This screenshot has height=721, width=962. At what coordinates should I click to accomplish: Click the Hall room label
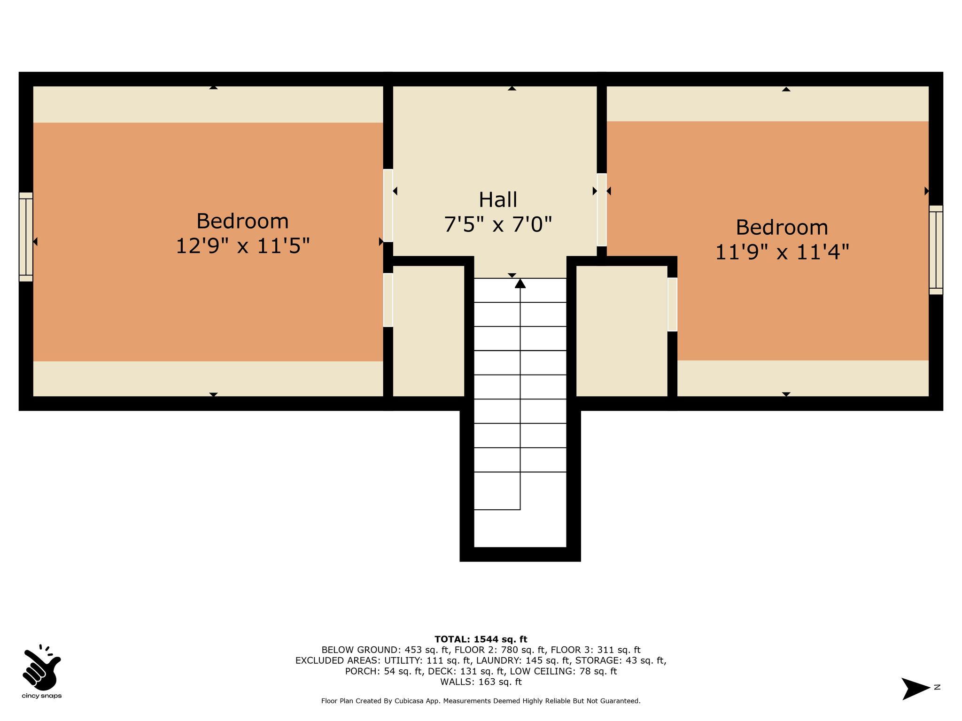pyautogui.click(x=498, y=199)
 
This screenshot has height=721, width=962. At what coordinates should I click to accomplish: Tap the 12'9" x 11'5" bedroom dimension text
pyautogui.click(x=243, y=245)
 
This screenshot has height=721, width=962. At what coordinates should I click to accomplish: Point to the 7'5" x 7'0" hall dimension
pyautogui.click(x=498, y=224)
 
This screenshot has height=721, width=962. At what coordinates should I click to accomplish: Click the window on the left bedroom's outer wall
pyautogui.click(x=26, y=237)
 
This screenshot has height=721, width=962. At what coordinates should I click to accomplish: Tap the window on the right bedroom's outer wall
pyautogui.click(x=936, y=250)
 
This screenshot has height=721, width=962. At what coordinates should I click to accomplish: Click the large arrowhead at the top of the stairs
pyautogui.click(x=520, y=283)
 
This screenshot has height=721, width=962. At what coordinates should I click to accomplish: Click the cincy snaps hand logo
pyautogui.click(x=41, y=668)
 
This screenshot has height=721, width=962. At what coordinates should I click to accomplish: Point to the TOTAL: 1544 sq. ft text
pyautogui.click(x=481, y=639)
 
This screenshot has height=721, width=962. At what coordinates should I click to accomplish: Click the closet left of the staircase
pyautogui.click(x=428, y=331)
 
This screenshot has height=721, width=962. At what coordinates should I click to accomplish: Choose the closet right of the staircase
pyautogui.click(x=622, y=331)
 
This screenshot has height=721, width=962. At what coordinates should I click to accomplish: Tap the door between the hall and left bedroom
pyautogui.click(x=388, y=206)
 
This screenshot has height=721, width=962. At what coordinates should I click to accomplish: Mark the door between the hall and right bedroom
pyautogui.click(x=602, y=210)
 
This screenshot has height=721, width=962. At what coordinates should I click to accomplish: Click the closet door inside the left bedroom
pyautogui.click(x=388, y=300)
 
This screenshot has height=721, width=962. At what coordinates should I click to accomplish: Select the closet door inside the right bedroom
pyautogui.click(x=673, y=304)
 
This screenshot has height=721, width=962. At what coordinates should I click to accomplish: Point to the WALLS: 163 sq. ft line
pyautogui.click(x=481, y=682)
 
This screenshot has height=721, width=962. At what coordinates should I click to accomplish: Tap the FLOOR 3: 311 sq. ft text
pyautogui.click(x=596, y=650)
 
